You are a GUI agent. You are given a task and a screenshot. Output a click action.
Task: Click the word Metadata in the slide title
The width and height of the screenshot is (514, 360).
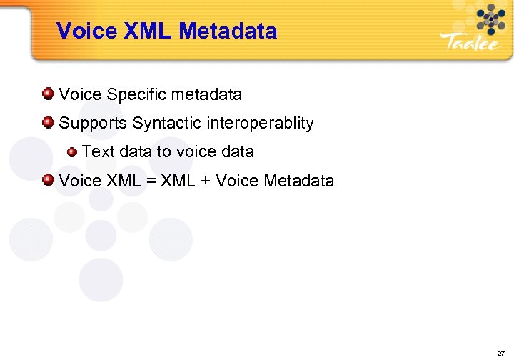[x=228, y=31]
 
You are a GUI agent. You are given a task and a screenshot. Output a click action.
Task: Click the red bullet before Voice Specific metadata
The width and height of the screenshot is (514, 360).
[x=48, y=93]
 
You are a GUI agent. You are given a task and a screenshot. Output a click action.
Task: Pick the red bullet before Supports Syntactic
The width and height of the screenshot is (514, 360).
[x=48, y=122]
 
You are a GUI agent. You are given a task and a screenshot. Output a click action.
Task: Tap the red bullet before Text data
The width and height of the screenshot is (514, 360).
[x=72, y=151]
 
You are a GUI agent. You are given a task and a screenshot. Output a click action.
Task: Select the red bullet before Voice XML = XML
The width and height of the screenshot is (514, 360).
[x=48, y=180]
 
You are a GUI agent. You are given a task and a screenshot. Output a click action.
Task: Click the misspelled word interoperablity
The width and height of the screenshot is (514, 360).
[x=260, y=124]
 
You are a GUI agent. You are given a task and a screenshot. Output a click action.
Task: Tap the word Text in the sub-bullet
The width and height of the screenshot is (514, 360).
[x=98, y=152]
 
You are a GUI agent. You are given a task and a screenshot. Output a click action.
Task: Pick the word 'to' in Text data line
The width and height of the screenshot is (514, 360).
[x=163, y=152]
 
